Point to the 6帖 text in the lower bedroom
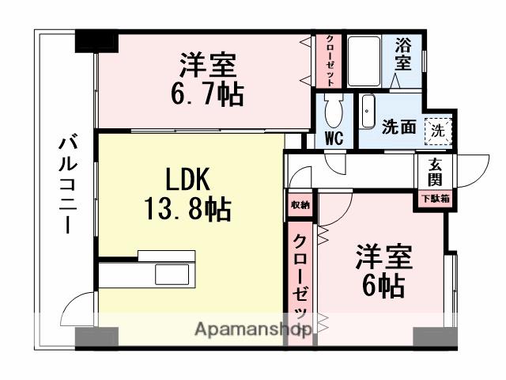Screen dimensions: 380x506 pos(383,283)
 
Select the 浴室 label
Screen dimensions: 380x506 pos(403,55)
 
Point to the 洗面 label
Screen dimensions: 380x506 pos(398,127)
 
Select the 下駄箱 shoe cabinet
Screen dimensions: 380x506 pos(435,199)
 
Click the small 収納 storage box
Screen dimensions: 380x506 pos(300,204)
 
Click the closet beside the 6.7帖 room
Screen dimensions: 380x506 pos(329,60)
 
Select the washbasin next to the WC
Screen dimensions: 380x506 pos(368,112)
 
